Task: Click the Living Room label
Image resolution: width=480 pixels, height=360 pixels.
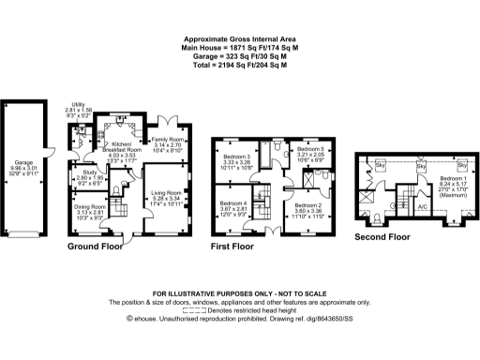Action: pos(171,194)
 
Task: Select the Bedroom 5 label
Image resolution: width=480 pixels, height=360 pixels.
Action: pos(309,149)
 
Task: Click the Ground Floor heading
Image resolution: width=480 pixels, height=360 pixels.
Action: pos(96,247)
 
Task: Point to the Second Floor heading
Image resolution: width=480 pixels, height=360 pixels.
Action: pos(382,238)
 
